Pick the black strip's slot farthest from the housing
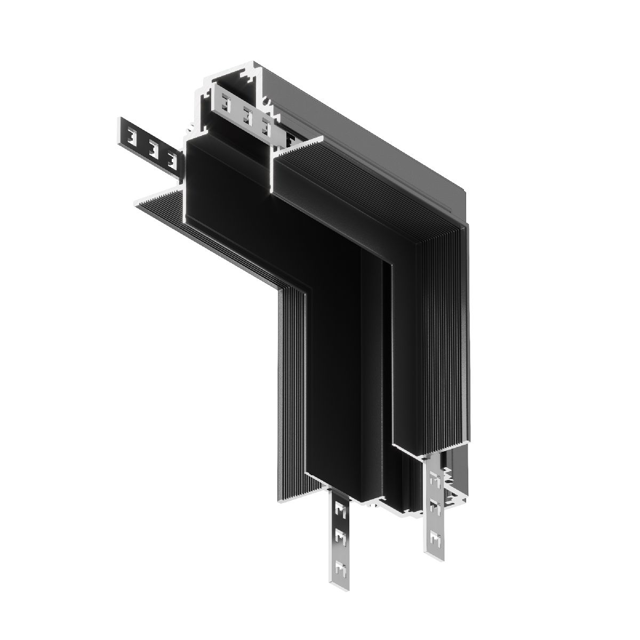point(131,138)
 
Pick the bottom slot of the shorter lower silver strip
point(436,539)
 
